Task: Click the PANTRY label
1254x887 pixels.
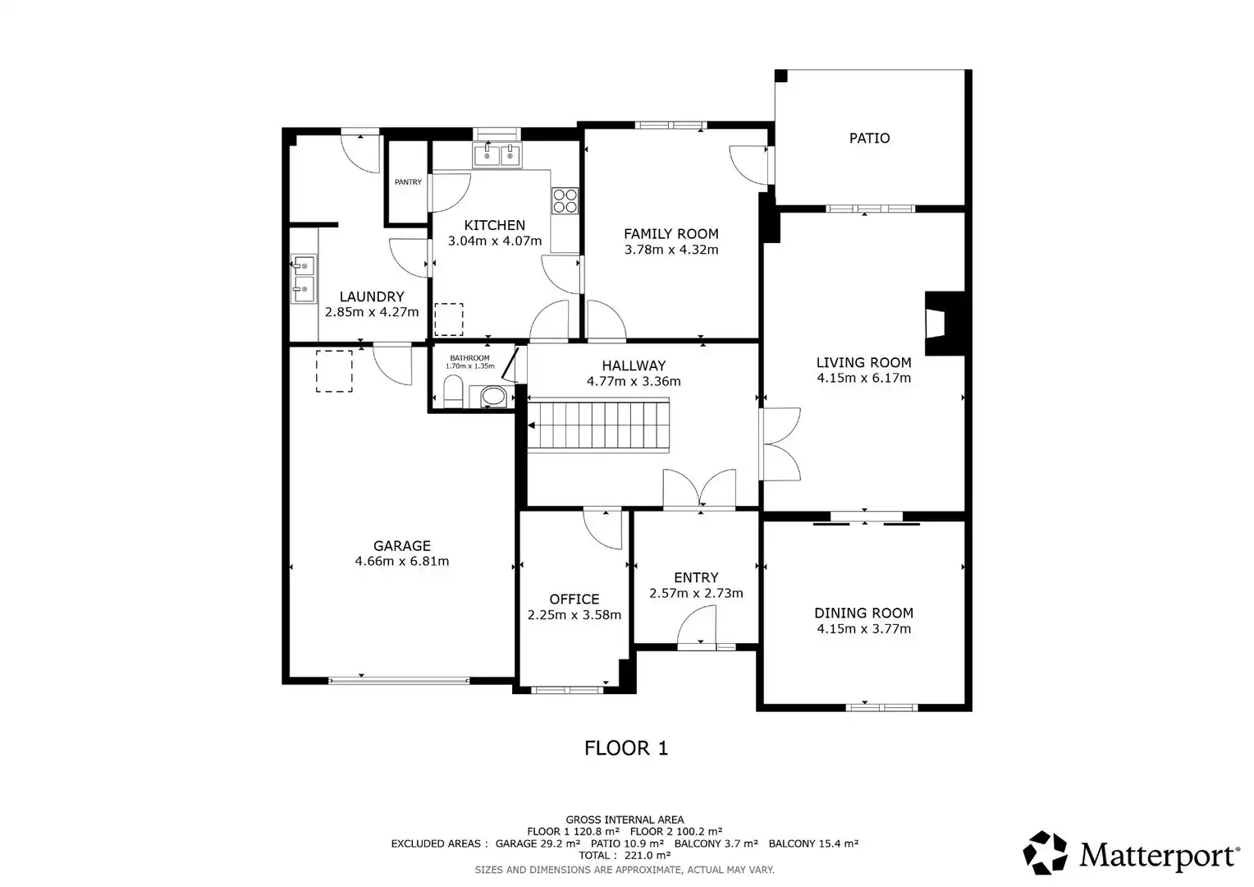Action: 408,182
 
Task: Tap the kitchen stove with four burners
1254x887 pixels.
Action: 565,200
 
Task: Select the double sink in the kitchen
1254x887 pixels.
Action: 497,154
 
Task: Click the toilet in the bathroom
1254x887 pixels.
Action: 453,391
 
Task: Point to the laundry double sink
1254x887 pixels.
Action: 304,279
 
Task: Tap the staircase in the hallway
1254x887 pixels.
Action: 598,425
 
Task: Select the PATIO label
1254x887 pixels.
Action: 869,138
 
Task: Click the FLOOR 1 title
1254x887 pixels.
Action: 626,748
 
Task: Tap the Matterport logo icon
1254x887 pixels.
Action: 1046,852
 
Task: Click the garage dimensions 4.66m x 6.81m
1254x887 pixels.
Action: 402,561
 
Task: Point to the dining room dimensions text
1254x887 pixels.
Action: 864,628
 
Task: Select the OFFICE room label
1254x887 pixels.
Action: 574,599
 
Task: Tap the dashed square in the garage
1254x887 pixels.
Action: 334,371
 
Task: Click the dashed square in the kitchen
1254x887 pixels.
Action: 449,319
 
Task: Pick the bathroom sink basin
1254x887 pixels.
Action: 493,398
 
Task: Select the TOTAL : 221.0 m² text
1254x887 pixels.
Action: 625,855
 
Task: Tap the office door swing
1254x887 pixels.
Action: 603,528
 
